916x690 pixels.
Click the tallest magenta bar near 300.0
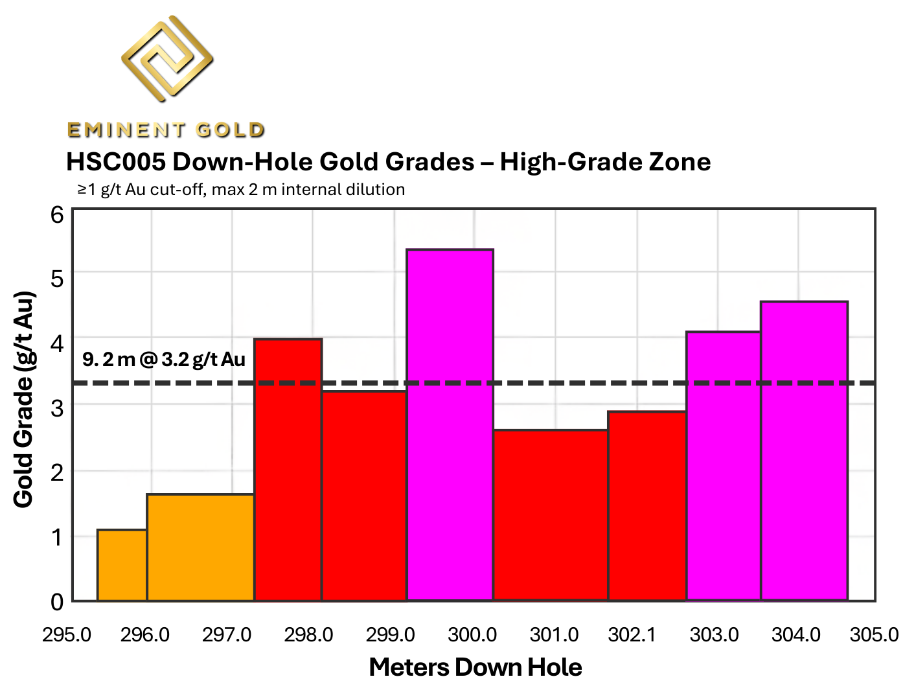450,425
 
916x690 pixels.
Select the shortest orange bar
122,565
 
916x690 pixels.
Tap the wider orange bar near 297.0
200,547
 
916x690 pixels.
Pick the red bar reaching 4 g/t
288,470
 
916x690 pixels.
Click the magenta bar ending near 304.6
804,451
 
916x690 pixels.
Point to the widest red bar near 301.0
551,515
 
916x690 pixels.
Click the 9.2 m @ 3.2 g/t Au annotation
164,359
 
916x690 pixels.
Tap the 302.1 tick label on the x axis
632,634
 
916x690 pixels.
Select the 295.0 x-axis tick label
67,634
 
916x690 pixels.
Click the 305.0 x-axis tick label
874,634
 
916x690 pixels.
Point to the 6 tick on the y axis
57,214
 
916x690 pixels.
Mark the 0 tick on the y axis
57,601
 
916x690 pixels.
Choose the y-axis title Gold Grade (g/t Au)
24,399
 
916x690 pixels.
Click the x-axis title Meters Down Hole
475,667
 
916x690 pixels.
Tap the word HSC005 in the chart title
114,162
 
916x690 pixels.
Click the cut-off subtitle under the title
241,190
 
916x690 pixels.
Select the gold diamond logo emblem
166,58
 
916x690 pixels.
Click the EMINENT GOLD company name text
166,130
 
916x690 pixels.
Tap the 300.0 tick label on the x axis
472,634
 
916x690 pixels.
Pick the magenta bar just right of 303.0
723,466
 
